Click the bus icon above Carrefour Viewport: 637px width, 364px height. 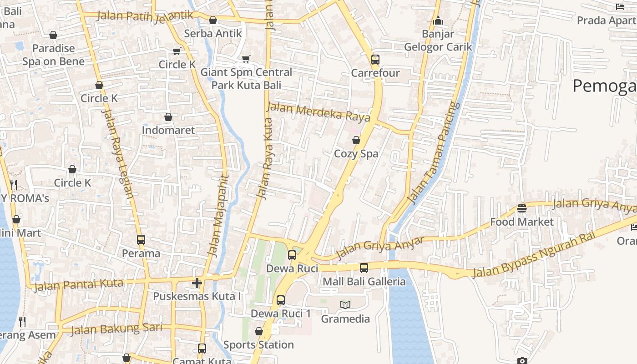click(x=375, y=60)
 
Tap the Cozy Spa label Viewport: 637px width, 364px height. click(x=356, y=154)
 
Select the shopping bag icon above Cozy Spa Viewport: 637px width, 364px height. click(x=356, y=141)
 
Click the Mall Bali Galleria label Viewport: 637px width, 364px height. click(x=364, y=282)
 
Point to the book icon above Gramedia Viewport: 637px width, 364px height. click(x=345, y=305)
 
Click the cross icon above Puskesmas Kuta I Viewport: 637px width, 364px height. click(x=197, y=283)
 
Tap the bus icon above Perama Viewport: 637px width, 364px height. click(x=141, y=240)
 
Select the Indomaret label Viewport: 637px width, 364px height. click(x=168, y=130)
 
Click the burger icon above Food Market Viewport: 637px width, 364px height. click(x=522, y=208)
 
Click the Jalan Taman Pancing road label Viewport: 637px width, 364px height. click(x=433, y=153)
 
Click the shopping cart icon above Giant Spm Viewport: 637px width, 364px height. click(x=246, y=59)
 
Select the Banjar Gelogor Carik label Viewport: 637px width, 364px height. click(x=438, y=40)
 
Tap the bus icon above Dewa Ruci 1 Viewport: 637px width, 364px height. click(x=281, y=300)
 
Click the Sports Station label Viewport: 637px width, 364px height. click(x=258, y=345)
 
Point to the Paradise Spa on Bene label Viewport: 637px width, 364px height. click(x=54, y=55)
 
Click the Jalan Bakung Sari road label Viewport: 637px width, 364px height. click(x=116, y=329)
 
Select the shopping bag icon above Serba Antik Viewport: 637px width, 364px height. click(x=213, y=20)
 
